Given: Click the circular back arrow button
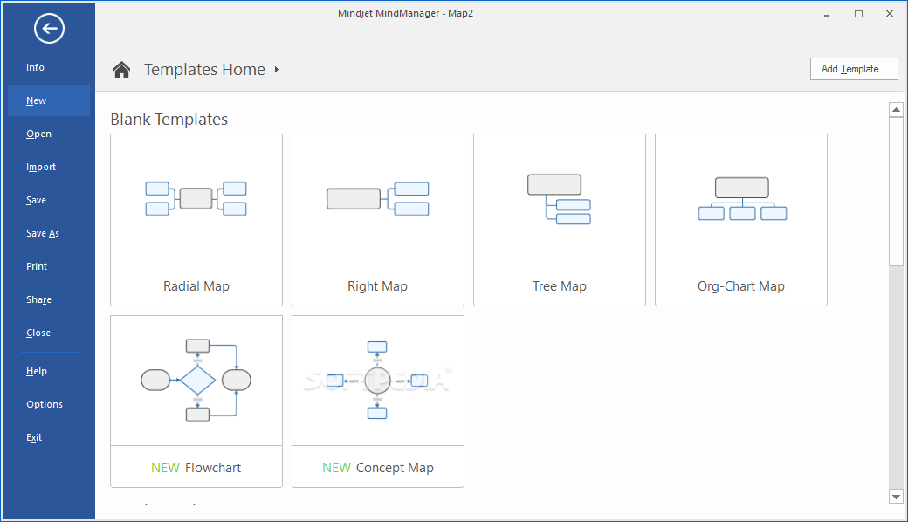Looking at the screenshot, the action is pyautogui.click(x=49, y=28).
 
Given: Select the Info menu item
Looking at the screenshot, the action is pyautogui.click(x=35, y=68).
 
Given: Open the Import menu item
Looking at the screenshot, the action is pyautogui.click(x=41, y=168).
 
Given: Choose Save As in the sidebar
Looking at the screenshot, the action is pyautogui.click(x=43, y=233).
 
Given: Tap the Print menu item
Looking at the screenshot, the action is pyautogui.click(x=37, y=267).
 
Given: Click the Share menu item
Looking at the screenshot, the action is pyautogui.click(x=38, y=299).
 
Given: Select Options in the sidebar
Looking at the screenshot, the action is pyautogui.click(x=45, y=404).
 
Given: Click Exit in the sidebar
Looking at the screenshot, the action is pyautogui.click(x=34, y=437).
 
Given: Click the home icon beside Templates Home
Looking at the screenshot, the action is pyautogui.click(x=121, y=70).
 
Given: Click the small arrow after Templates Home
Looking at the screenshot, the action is pyautogui.click(x=277, y=70).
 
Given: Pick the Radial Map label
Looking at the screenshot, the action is pyautogui.click(x=196, y=286).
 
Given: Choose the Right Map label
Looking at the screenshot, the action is pyautogui.click(x=377, y=286).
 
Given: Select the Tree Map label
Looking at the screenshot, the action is pyautogui.click(x=560, y=286).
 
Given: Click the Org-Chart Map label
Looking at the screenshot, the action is pyautogui.click(x=741, y=286).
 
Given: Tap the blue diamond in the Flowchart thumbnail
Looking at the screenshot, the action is pyautogui.click(x=197, y=381).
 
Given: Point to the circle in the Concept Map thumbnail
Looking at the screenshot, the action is pyautogui.click(x=377, y=381).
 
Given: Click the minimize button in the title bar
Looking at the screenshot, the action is pyautogui.click(x=827, y=15).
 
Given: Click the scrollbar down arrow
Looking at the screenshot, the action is pyautogui.click(x=897, y=497).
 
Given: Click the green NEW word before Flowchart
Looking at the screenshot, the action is pyautogui.click(x=166, y=468).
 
